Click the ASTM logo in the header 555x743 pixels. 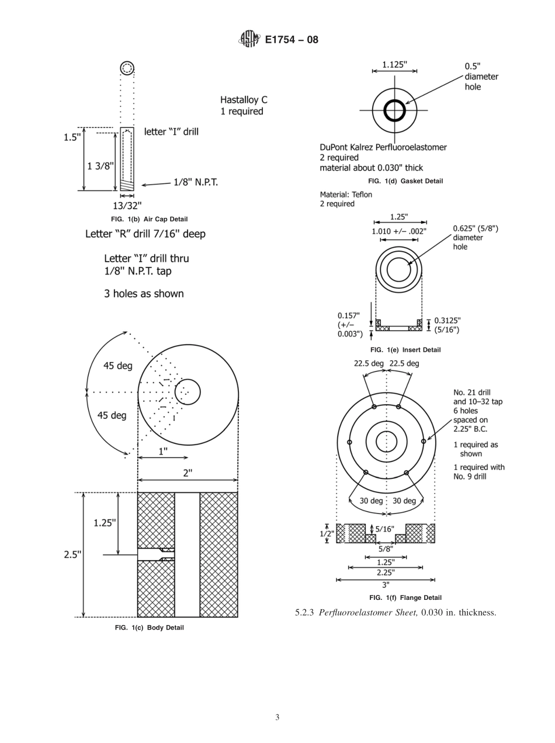(248, 40)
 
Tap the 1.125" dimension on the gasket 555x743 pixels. (394, 65)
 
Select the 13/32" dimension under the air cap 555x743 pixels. (127, 205)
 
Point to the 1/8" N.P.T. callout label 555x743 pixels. (195, 182)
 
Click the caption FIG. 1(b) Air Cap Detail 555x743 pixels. (149, 219)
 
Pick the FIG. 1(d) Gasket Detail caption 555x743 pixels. (405, 181)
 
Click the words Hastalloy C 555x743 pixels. (244, 100)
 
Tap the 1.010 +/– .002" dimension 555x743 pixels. (399, 231)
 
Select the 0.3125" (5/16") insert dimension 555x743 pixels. (448, 325)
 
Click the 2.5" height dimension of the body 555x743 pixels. (72, 554)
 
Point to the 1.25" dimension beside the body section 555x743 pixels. (105, 523)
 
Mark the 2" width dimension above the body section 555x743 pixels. (187, 473)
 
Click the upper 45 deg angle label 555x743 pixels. (117, 366)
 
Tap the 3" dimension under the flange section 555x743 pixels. (386, 584)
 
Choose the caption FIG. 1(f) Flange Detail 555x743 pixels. (405, 598)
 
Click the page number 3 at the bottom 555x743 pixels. (277, 717)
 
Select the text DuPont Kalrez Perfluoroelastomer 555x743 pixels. (383, 147)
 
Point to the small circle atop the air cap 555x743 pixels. (127, 68)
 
